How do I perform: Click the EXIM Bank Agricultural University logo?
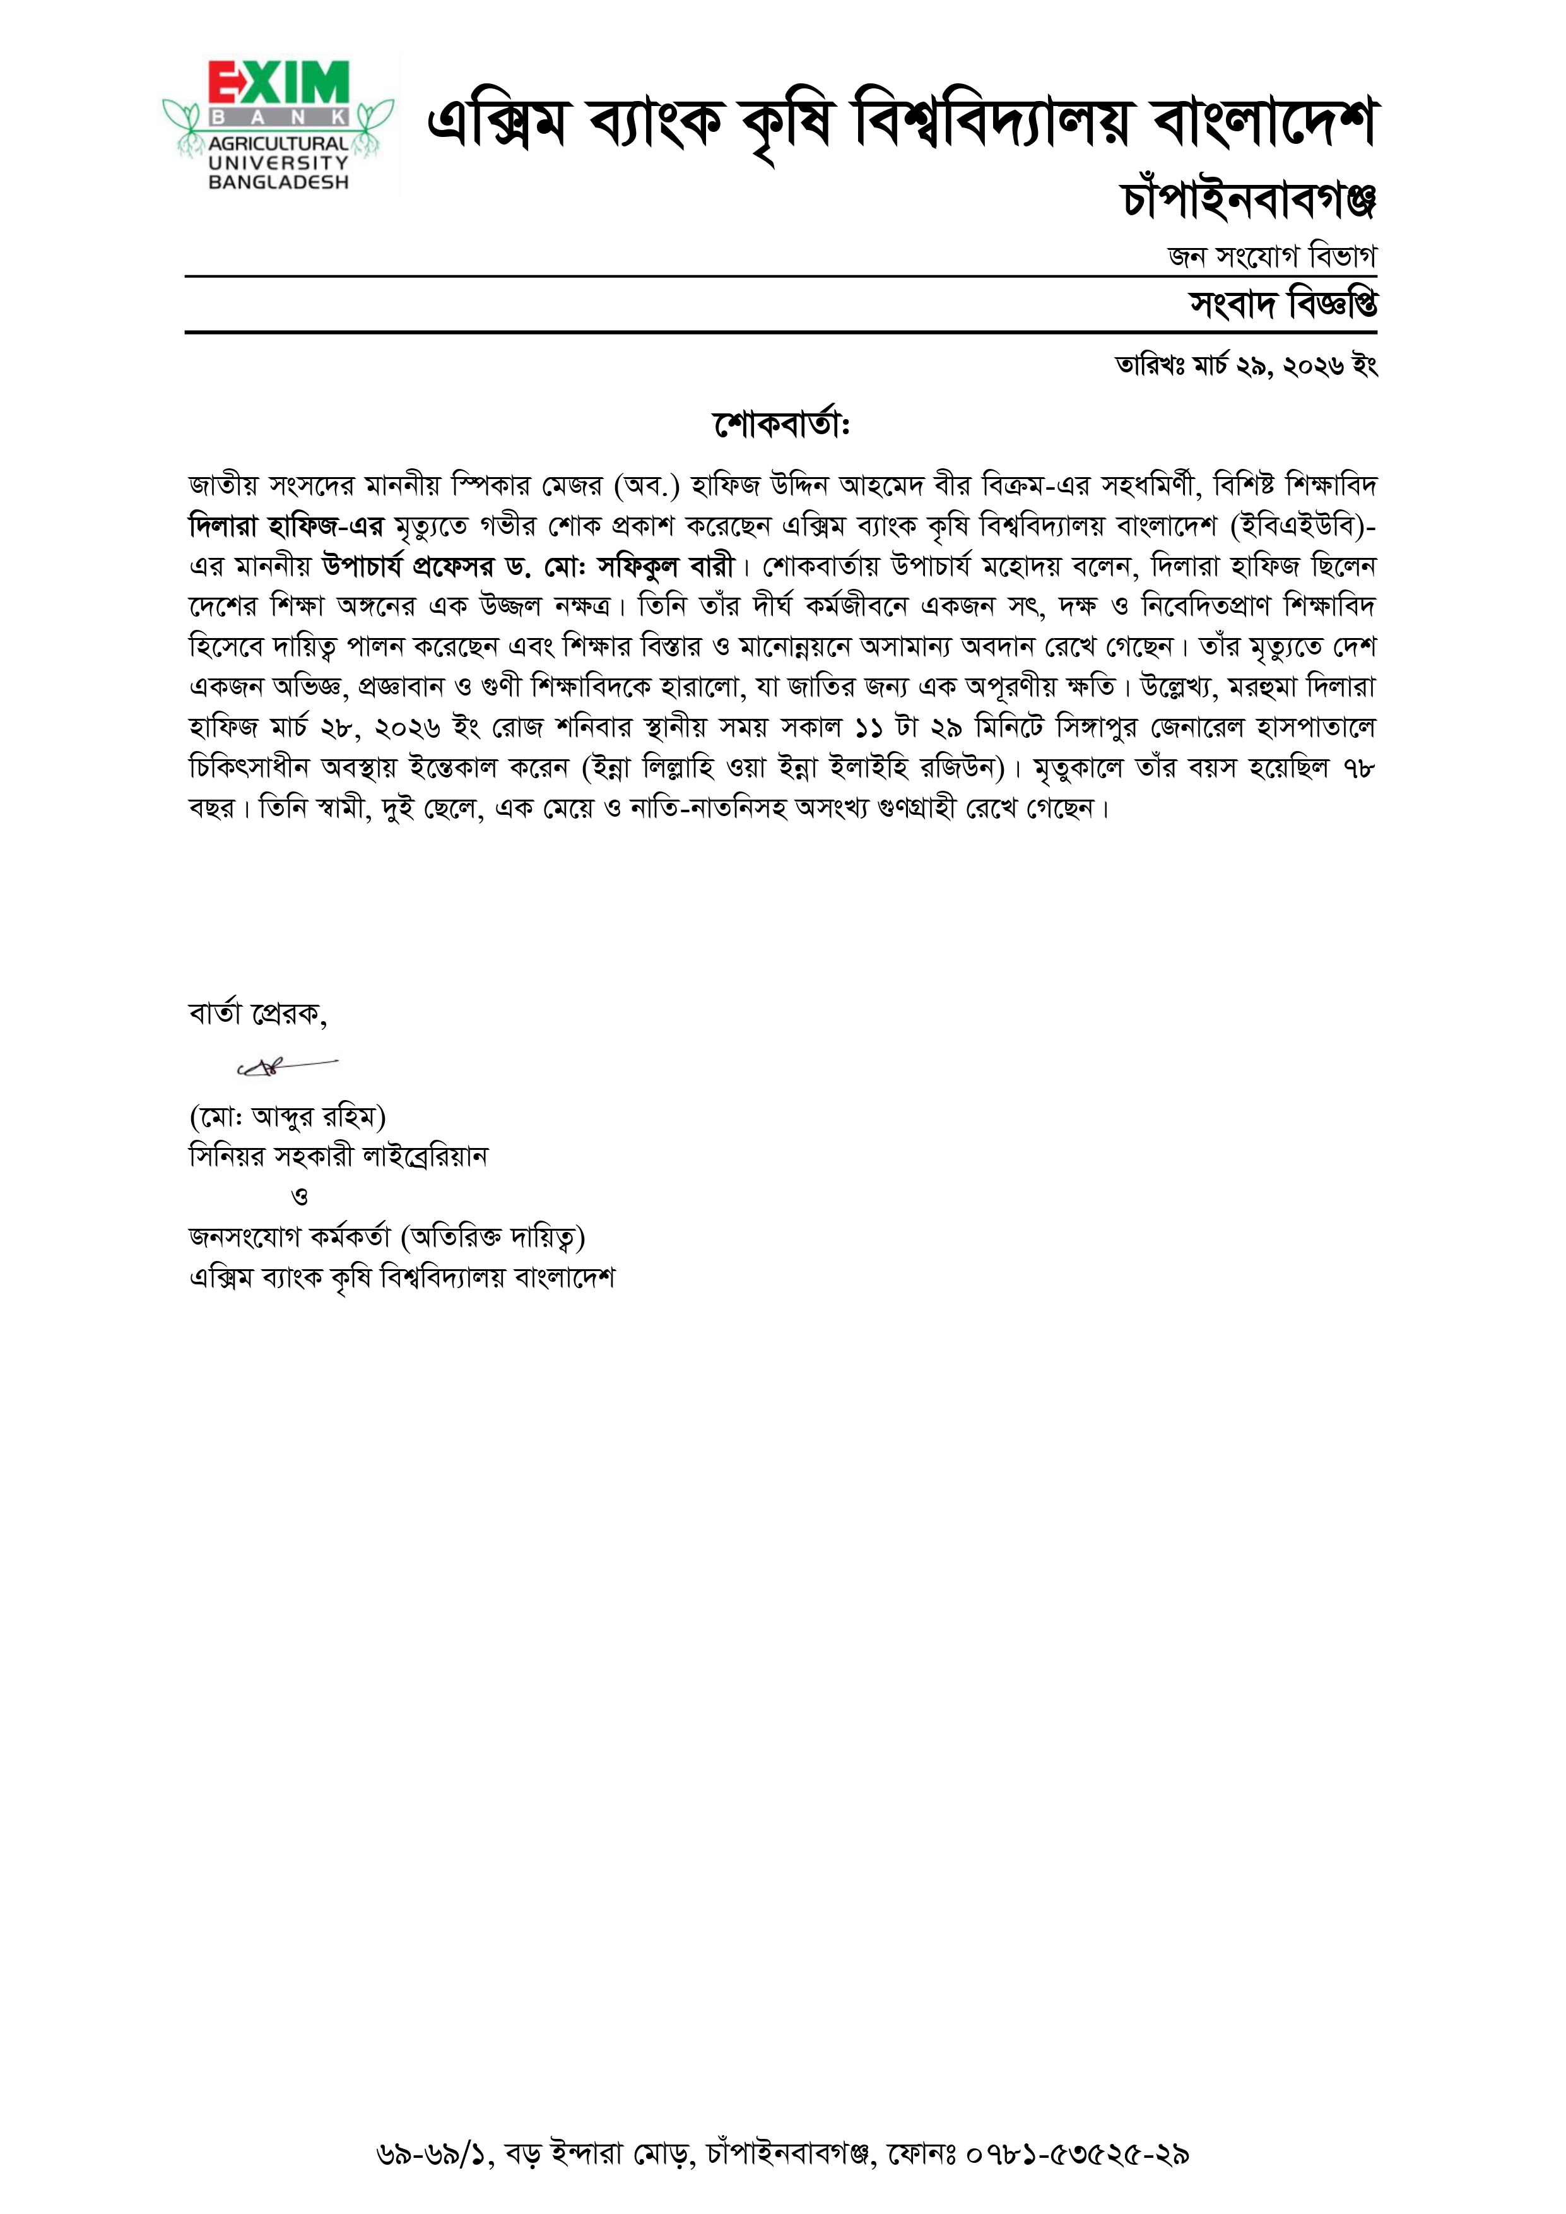point(278,126)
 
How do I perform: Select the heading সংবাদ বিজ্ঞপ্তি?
point(1283,305)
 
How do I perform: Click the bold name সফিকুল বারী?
point(666,566)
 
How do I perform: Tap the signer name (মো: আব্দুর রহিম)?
point(287,1116)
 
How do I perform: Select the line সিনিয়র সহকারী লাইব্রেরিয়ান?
point(338,1156)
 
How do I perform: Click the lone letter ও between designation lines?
point(300,1197)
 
